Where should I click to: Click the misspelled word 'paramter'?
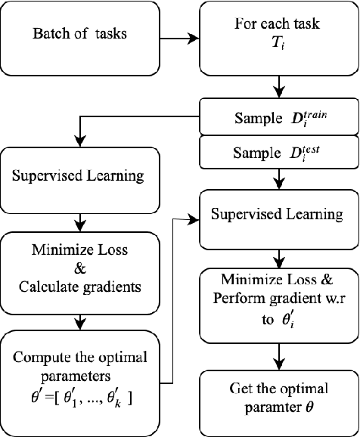[x=268, y=406]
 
